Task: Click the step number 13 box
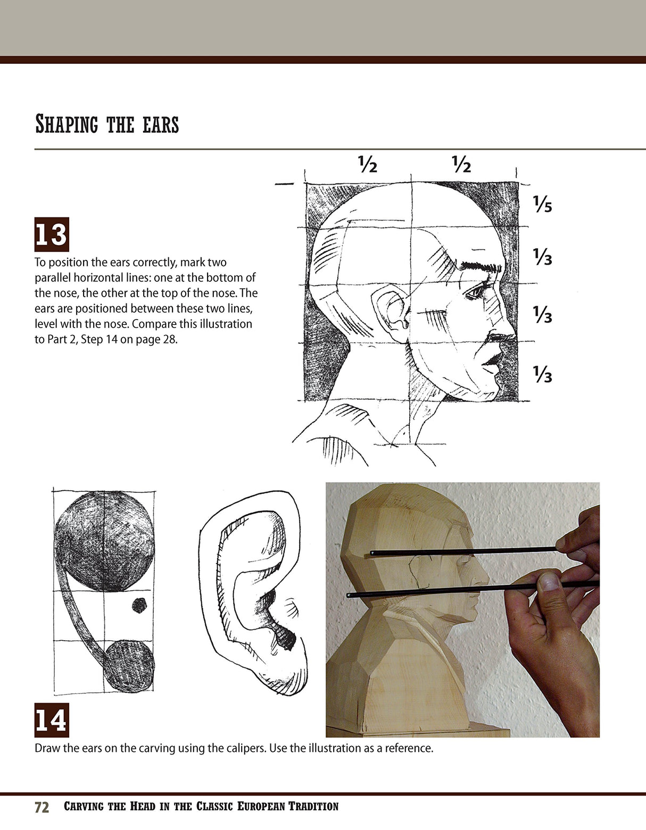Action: point(52,234)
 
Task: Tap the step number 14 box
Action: point(52,720)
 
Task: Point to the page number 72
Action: point(42,807)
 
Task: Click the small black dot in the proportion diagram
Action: point(139,605)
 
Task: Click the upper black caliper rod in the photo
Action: point(463,551)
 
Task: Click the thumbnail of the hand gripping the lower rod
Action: point(548,581)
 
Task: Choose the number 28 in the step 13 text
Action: point(169,339)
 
